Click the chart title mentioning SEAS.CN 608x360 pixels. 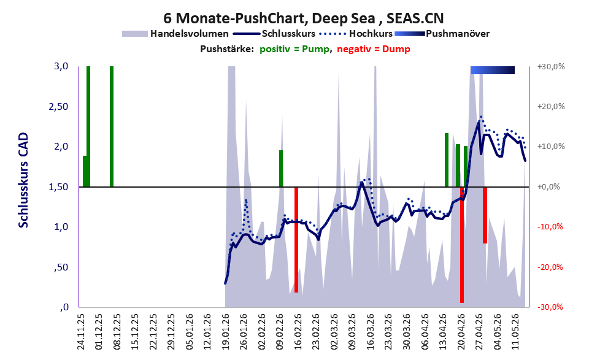click(303, 18)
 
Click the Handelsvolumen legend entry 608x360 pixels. click(175, 34)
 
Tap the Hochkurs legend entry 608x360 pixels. click(356, 34)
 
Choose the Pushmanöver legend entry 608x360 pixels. click(442, 34)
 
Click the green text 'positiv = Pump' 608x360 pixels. click(294, 49)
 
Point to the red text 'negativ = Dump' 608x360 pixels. click(374, 49)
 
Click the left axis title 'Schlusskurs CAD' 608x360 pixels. click(24, 180)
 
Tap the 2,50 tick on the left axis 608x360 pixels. click(58, 107)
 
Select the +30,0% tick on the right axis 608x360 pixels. click(551, 67)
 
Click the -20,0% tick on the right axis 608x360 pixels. click(550, 267)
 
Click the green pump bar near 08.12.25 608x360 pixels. click(112, 127)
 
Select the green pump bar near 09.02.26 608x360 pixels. click(281, 169)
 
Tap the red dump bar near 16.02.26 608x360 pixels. click(296, 240)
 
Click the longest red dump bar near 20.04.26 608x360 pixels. click(462, 245)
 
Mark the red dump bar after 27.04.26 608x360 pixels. click(485, 215)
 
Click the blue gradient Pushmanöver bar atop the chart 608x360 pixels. click(493, 70)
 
